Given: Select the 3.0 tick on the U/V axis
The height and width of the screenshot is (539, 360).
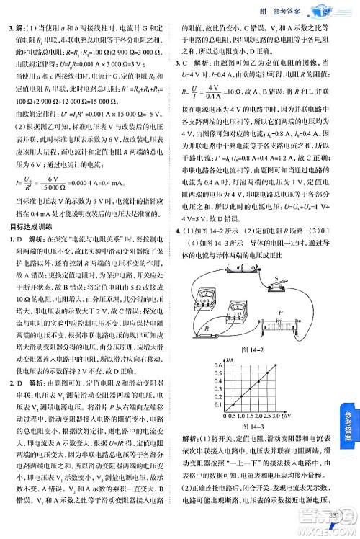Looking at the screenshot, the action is [x=279, y=416].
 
